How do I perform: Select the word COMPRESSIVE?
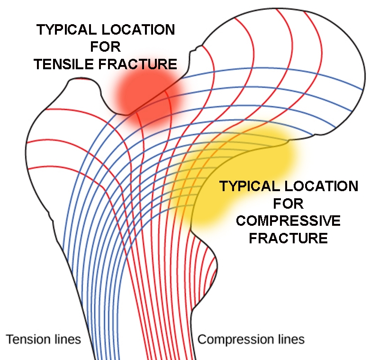pyautogui.click(x=288, y=221)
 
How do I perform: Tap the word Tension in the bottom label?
pyautogui.click(x=27, y=339)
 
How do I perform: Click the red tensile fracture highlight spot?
pyautogui.click(x=147, y=98)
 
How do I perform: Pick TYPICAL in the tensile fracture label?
pyautogui.click(x=66, y=30)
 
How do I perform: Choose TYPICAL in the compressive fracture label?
pyautogui.click(x=250, y=186)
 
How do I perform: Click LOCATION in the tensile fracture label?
pyautogui.click(x=138, y=30)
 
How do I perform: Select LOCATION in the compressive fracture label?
pyautogui.click(x=321, y=186)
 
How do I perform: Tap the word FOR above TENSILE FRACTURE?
pyautogui.click(x=105, y=47)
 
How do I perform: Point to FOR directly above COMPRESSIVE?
pyautogui.click(x=288, y=203)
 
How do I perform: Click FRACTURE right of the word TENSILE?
pyautogui.click(x=138, y=65)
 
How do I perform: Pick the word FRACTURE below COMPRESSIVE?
pyautogui.click(x=288, y=238)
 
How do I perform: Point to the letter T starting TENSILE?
pyautogui.click(x=39, y=65)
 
